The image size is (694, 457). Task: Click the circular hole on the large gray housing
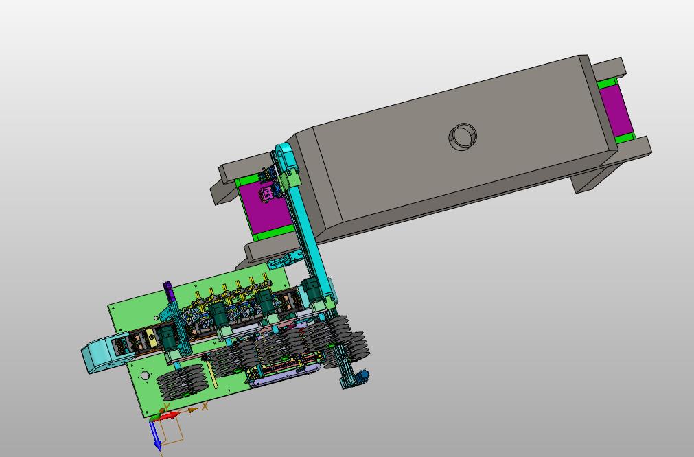coord(463,137)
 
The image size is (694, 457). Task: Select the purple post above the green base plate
coord(167,290)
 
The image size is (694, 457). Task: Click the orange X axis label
coord(205,406)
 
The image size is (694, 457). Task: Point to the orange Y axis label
coord(166,407)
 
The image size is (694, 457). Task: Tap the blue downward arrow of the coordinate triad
coord(155,435)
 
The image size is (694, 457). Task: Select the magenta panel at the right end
coord(616,110)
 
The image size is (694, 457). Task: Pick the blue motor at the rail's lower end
coord(363,375)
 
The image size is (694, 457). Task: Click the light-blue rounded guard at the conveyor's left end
coord(99,354)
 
